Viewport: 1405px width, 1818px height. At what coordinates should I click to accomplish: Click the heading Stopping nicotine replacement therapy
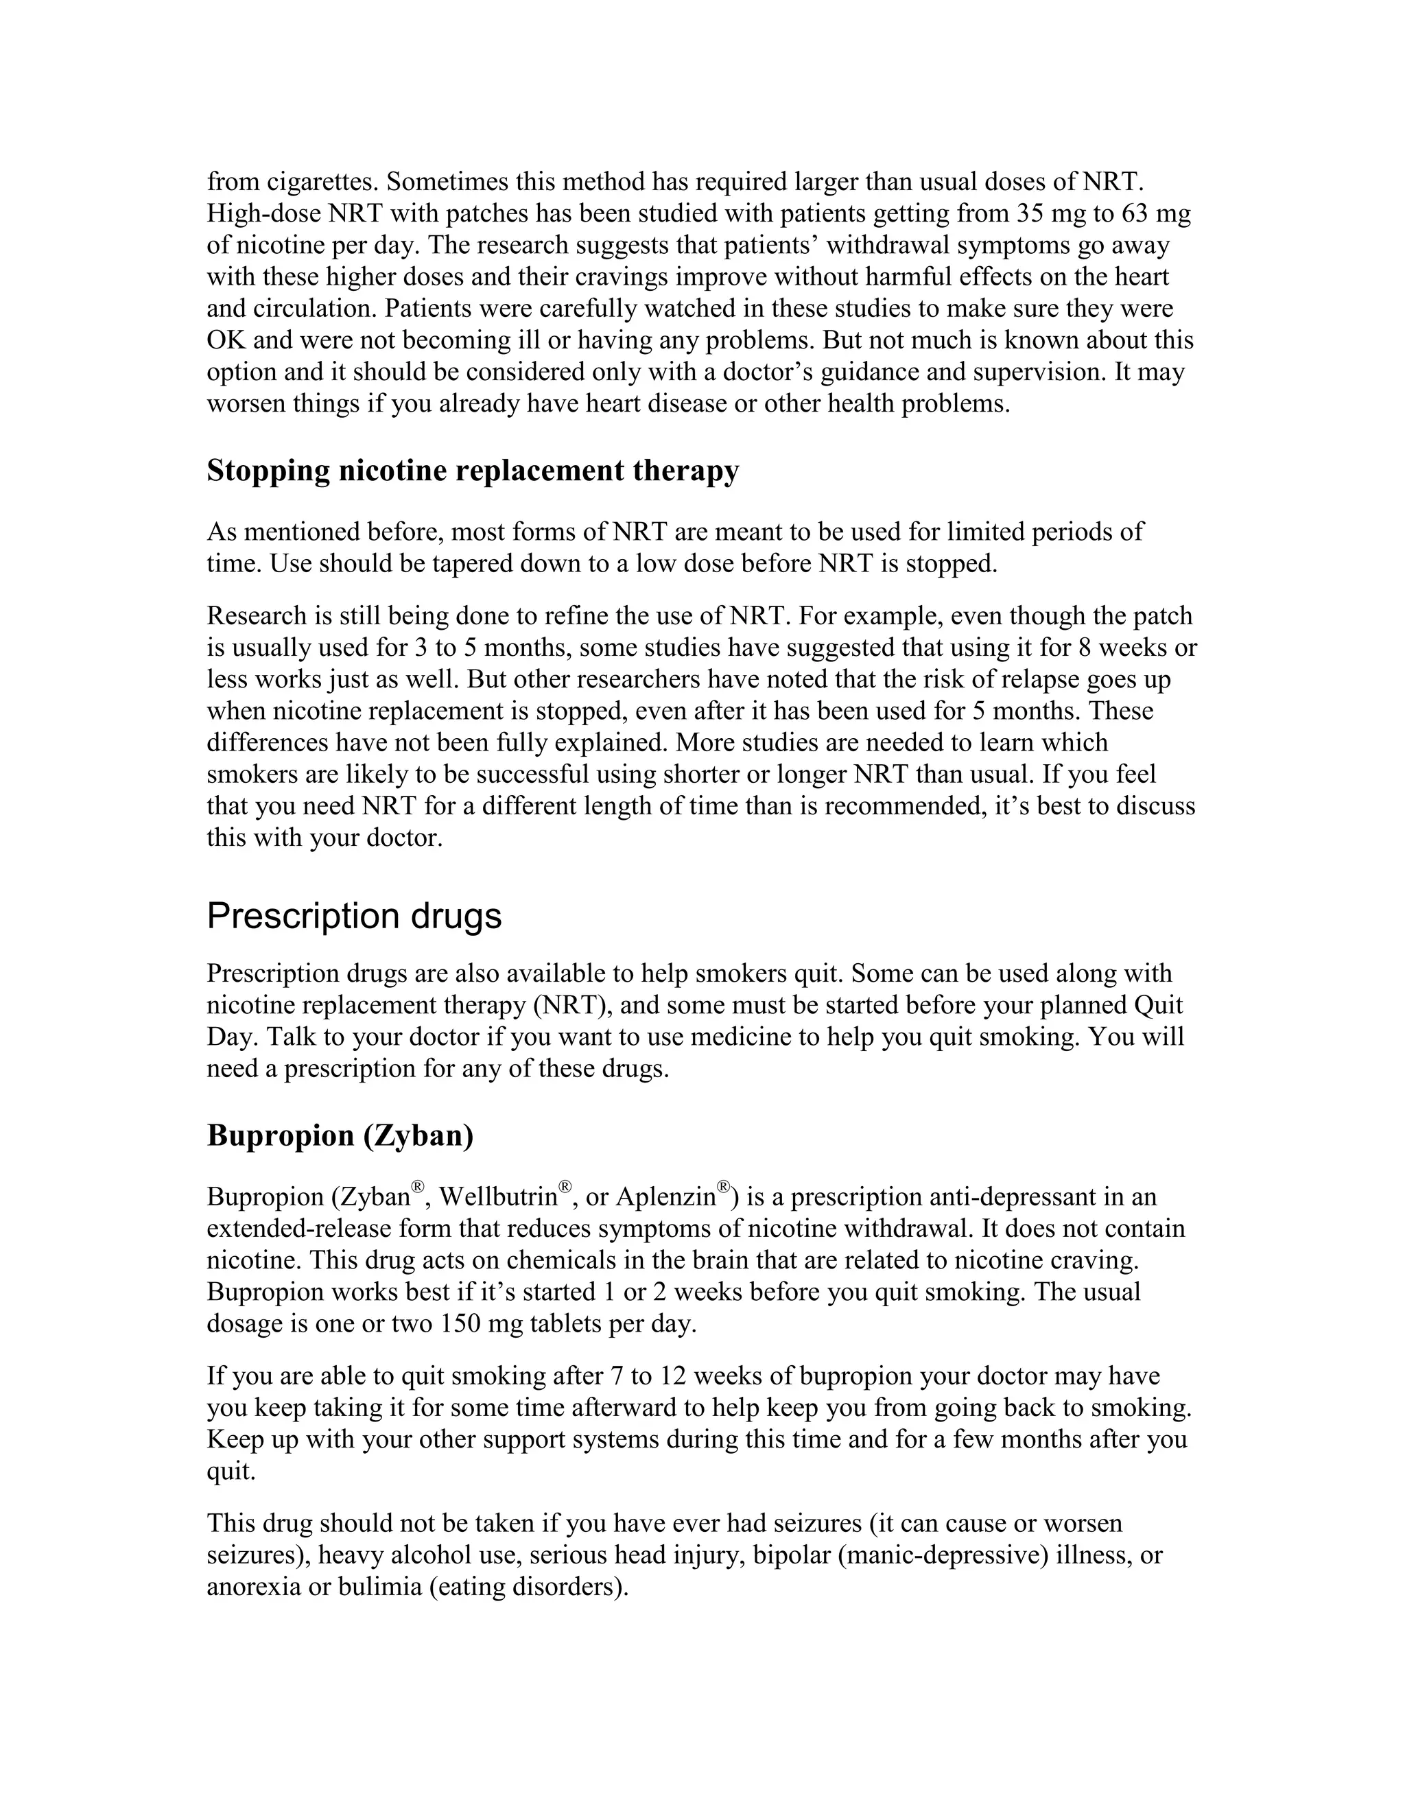click(472, 471)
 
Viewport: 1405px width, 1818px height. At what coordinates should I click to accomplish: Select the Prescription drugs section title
click(354, 916)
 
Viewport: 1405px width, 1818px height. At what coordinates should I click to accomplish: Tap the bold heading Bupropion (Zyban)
click(340, 1135)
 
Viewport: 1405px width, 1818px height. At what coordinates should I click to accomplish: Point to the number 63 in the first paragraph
click(1135, 214)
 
